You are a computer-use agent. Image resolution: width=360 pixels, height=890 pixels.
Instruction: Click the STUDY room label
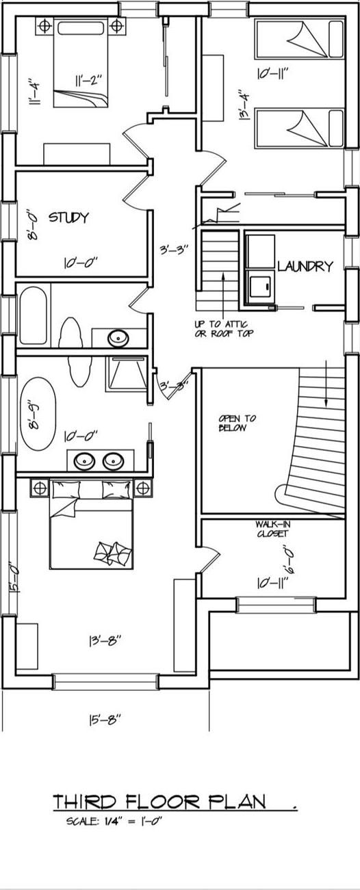click(x=68, y=218)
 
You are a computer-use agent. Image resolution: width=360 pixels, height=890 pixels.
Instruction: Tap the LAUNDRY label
click(x=305, y=266)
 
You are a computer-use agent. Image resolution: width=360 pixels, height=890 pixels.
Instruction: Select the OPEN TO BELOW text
click(x=232, y=423)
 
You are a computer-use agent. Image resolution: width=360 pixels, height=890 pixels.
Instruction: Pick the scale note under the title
click(x=114, y=822)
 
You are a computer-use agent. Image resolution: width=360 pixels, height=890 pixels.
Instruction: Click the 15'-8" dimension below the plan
click(x=105, y=720)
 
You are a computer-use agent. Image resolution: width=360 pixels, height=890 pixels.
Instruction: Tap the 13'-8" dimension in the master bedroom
click(x=105, y=641)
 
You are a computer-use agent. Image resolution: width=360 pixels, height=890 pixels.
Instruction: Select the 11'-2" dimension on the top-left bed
click(x=88, y=80)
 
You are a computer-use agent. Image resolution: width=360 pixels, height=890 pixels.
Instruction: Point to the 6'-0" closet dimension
click(x=288, y=559)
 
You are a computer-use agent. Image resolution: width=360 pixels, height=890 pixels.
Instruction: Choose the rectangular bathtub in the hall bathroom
click(x=33, y=317)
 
